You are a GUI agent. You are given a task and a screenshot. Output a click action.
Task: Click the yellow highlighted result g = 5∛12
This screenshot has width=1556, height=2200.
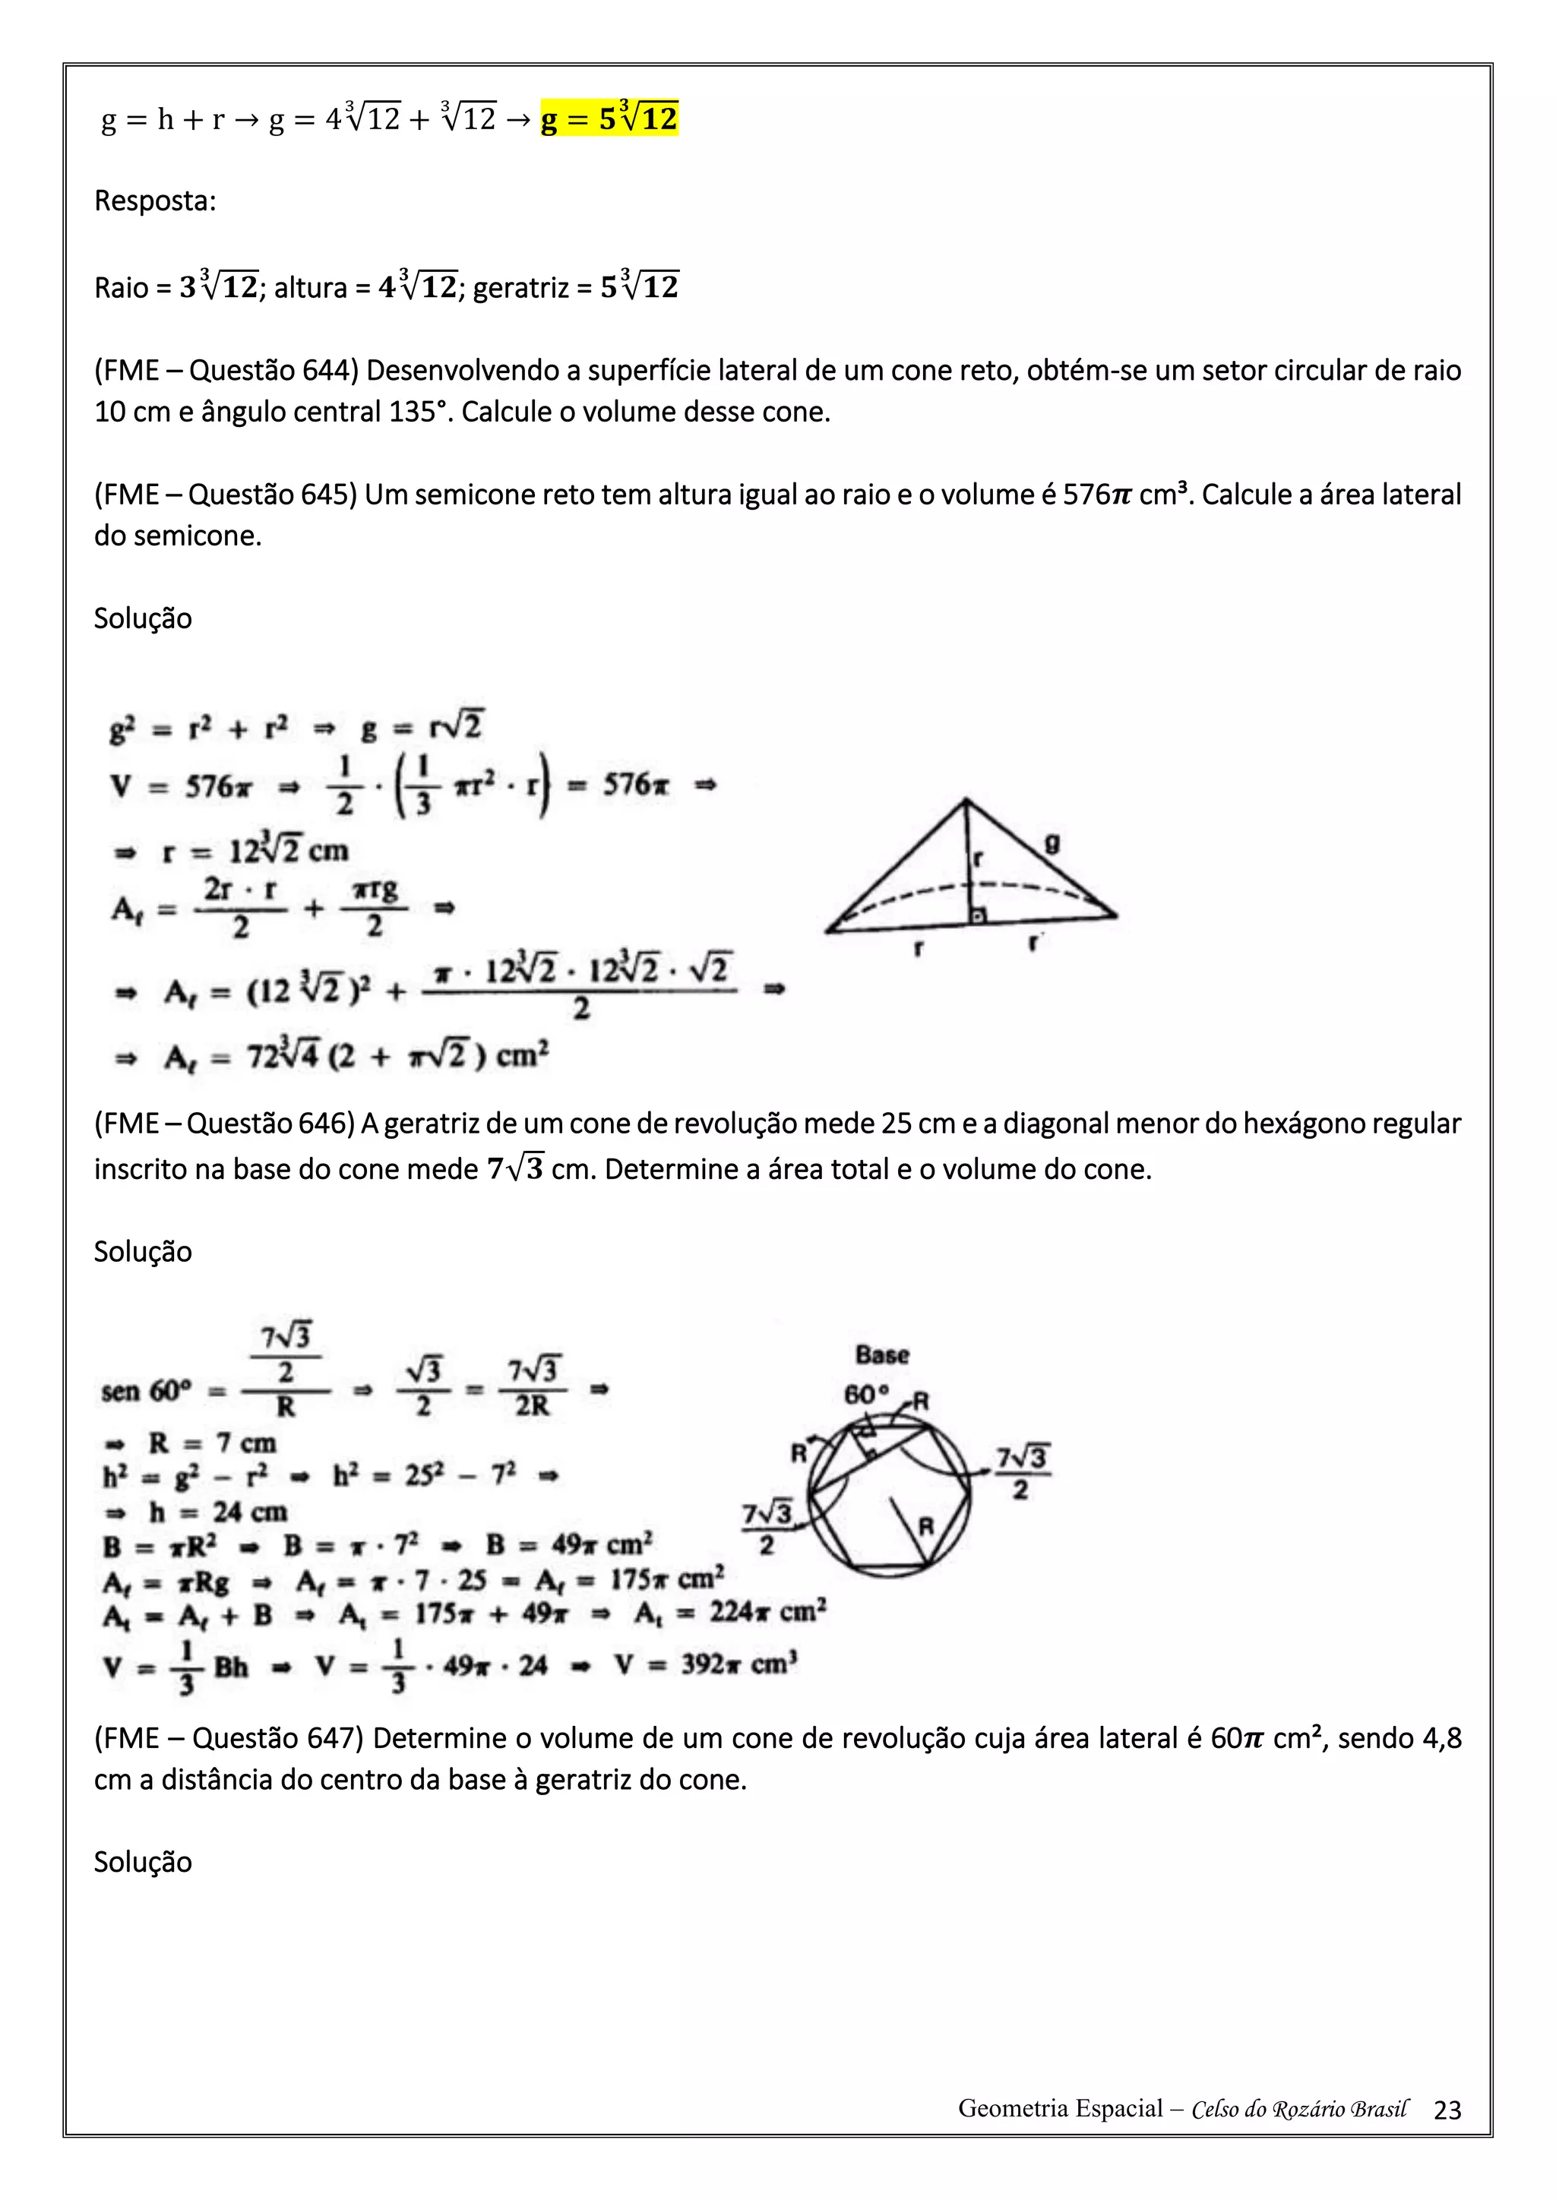click(x=609, y=119)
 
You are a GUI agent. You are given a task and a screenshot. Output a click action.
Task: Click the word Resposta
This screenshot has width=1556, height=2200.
click(x=153, y=201)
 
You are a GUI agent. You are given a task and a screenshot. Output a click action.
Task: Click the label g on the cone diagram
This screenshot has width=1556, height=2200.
click(x=1052, y=844)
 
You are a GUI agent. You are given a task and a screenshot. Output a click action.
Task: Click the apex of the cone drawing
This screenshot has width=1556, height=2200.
click(x=966, y=800)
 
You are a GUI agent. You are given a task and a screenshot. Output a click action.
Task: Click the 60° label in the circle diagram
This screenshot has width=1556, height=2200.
click(x=865, y=1395)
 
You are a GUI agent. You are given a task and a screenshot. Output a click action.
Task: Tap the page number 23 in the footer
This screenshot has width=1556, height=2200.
click(x=1447, y=2110)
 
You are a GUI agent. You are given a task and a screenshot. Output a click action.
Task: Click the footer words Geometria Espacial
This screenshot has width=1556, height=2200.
click(x=1060, y=2109)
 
